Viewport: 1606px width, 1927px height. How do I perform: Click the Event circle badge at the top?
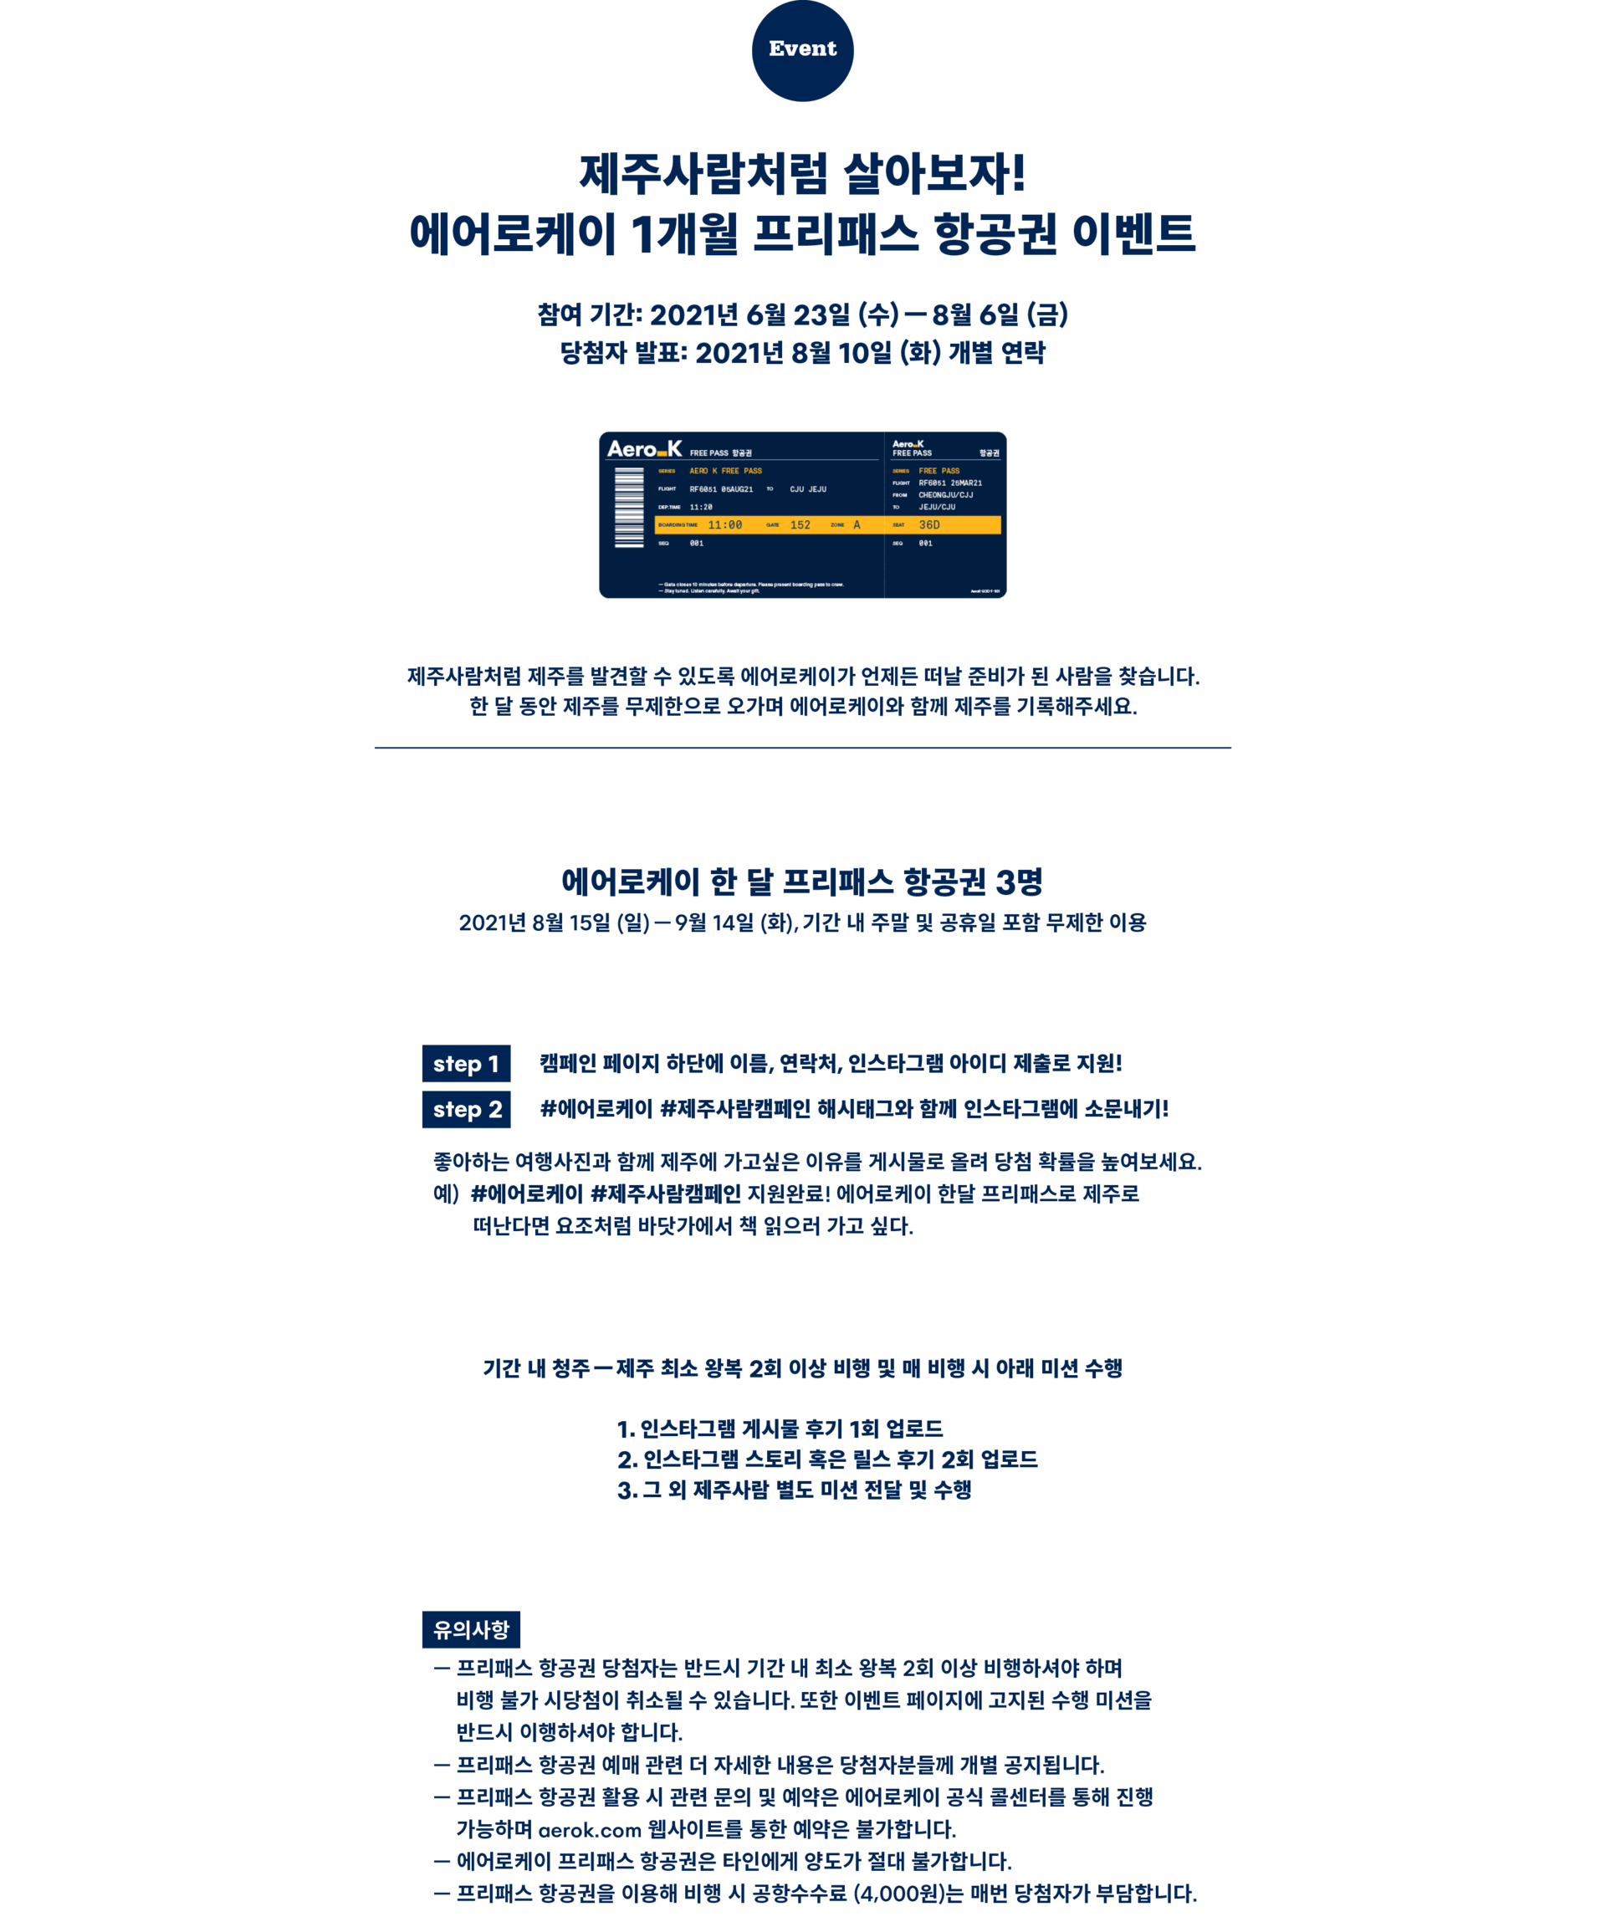[802, 49]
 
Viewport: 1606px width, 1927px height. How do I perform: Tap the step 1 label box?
[465, 1065]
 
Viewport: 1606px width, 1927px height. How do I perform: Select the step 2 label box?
[466, 1109]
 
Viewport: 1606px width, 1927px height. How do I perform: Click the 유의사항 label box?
[471, 1630]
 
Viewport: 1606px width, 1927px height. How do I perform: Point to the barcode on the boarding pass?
[629, 508]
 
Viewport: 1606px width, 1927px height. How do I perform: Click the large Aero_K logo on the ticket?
[644, 449]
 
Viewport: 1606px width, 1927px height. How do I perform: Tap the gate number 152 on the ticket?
[800, 525]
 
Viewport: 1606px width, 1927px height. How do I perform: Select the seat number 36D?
[928, 525]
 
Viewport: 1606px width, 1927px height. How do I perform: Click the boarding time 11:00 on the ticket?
[725, 525]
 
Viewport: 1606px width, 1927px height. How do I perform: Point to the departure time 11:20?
[701, 507]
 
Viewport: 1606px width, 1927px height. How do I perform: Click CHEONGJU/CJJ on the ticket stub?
[945, 494]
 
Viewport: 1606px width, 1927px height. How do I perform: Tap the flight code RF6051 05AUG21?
[721, 489]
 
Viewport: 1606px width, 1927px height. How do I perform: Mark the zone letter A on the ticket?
[857, 525]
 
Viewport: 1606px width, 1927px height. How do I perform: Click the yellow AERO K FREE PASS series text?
[726, 471]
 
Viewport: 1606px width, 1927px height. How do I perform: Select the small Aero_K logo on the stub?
[908, 444]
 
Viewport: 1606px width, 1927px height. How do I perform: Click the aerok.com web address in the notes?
[589, 1830]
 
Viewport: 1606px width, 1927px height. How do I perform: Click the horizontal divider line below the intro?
[802, 748]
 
